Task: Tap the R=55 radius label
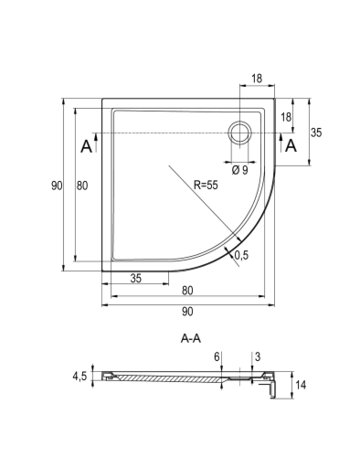click(206, 185)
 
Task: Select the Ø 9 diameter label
click(239, 170)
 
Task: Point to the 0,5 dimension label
click(241, 255)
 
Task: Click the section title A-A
click(191, 338)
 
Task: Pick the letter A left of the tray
click(86, 146)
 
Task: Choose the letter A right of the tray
click(291, 145)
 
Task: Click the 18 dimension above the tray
click(257, 79)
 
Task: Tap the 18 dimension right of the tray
click(286, 117)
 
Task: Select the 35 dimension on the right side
click(316, 133)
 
